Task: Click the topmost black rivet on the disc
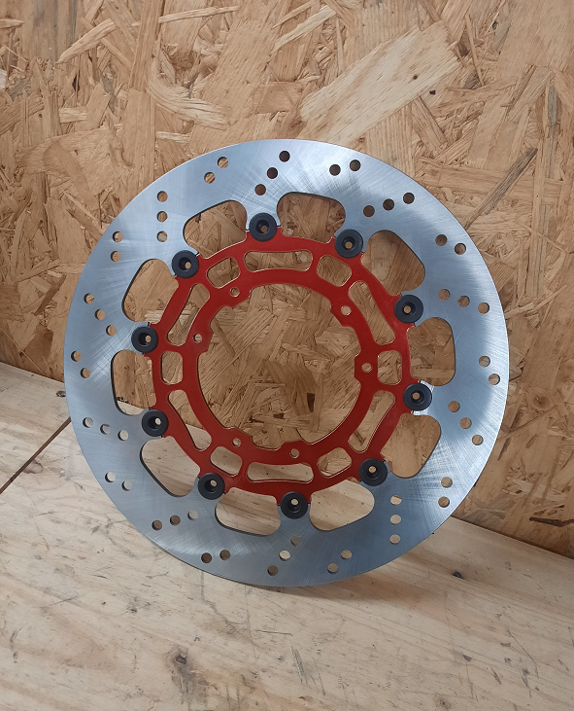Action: point(261,228)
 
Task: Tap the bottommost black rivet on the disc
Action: point(293,504)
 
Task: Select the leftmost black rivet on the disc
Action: point(145,338)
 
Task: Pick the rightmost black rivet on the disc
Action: point(418,396)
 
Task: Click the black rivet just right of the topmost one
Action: point(348,243)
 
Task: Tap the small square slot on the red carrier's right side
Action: point(389,368)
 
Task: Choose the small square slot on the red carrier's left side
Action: point(172,367)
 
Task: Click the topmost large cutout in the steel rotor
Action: point(311,214)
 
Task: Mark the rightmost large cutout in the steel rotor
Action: point(432,350)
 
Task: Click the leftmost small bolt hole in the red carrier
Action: point(198,338)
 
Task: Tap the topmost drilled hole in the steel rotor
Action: point(284,156)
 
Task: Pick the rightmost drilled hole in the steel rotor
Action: point(493,378)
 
